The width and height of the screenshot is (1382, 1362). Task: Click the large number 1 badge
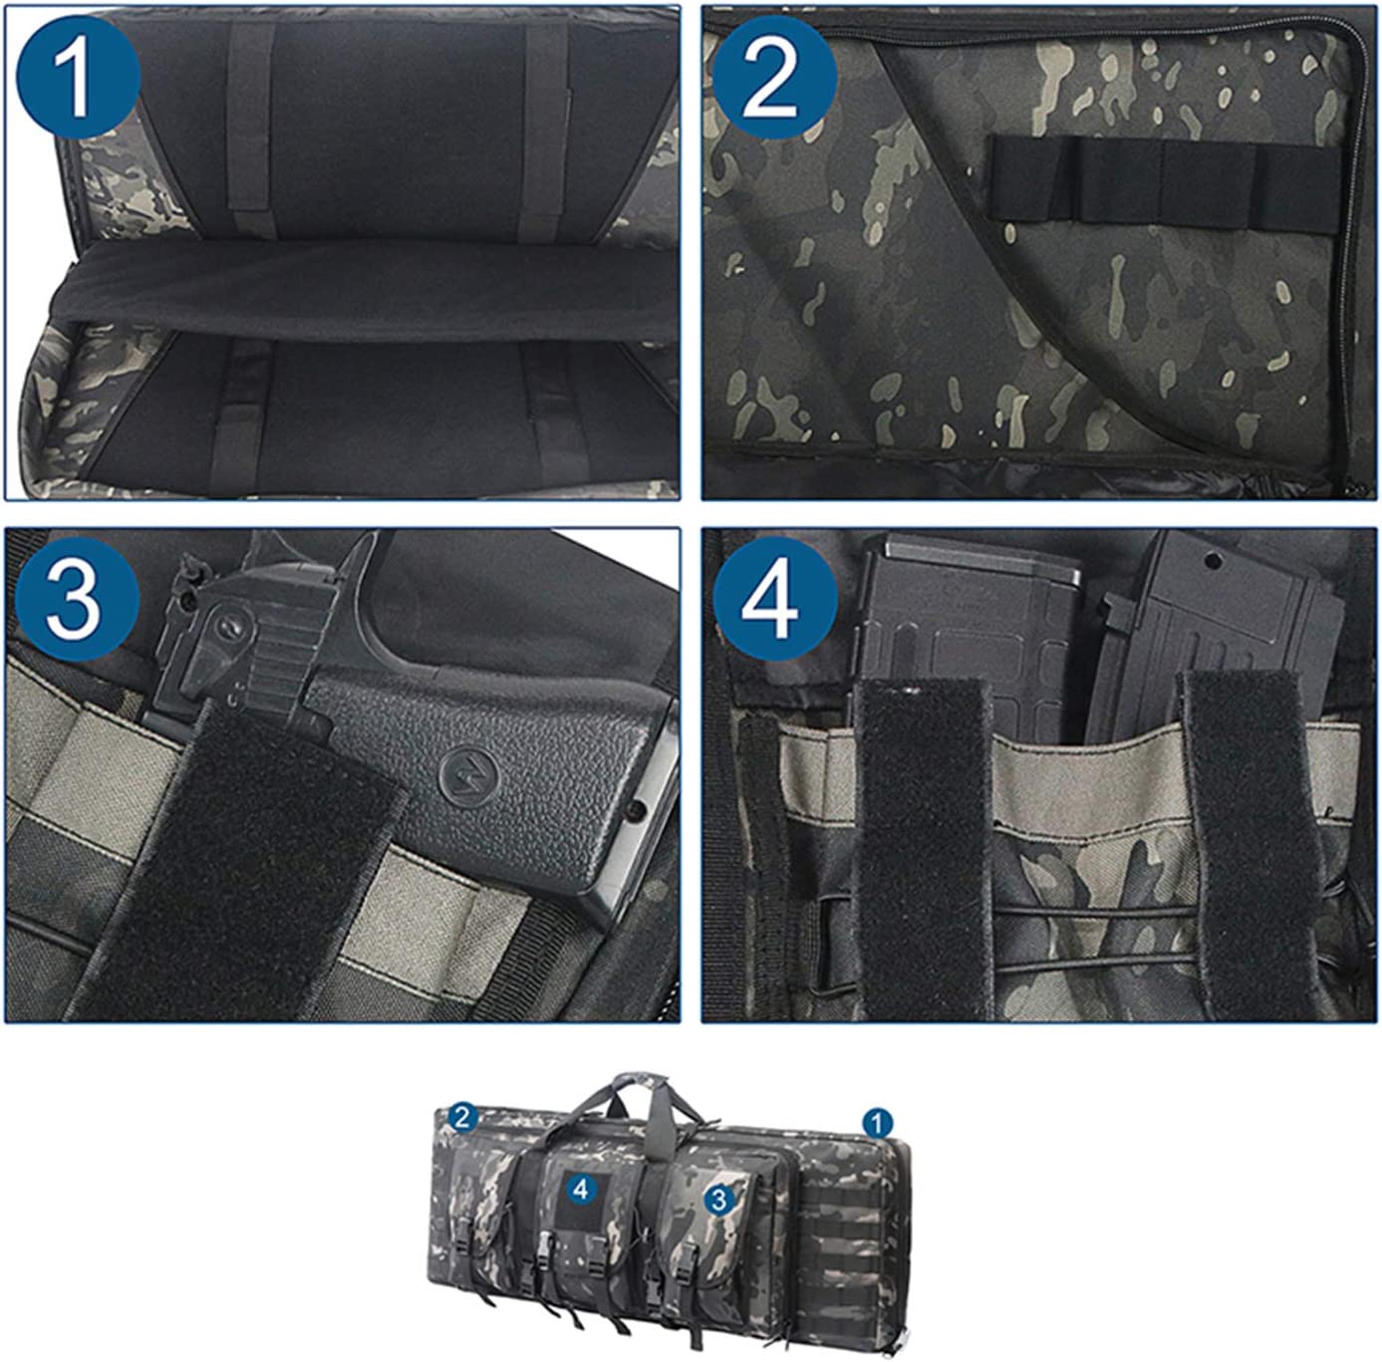[78, 77]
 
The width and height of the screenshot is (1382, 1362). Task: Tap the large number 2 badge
[775, 77]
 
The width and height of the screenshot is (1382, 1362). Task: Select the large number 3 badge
[78, 599]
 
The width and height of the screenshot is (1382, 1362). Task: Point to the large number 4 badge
[775, 599]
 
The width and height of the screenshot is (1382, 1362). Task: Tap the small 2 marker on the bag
[462, 1118]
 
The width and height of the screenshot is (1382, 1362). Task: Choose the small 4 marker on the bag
[581, 1190]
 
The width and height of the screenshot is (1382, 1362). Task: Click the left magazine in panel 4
[968, 631]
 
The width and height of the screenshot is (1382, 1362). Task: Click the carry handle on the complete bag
[631, 1097]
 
